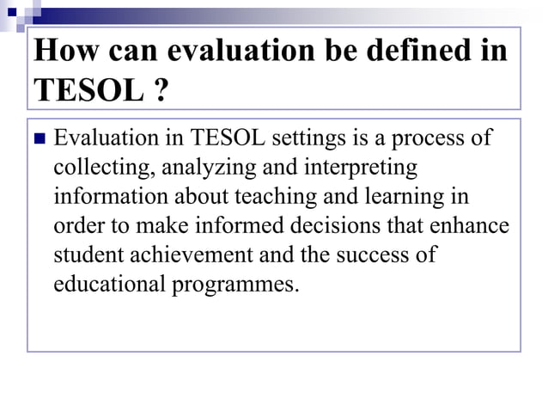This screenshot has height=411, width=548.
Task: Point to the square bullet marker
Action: pyautogui.click(x=39, y=138)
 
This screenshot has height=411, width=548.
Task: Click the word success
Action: pyautogui.click(x=378, y=255)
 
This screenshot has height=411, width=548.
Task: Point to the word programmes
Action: pyautogui.click(x=236, y=285)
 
